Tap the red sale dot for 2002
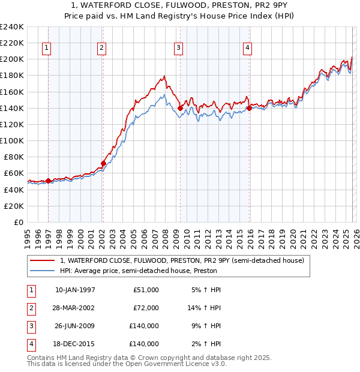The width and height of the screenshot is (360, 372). (103, 163)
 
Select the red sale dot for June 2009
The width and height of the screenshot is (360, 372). (180, 108)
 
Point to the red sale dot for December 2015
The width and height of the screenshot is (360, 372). (249, 108)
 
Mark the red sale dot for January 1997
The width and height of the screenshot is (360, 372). (48, 181)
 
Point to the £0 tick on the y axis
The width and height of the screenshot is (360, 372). (18, 222)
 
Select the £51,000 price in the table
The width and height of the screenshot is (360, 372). (146, 290)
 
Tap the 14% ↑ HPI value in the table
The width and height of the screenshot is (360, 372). (205, 308)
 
